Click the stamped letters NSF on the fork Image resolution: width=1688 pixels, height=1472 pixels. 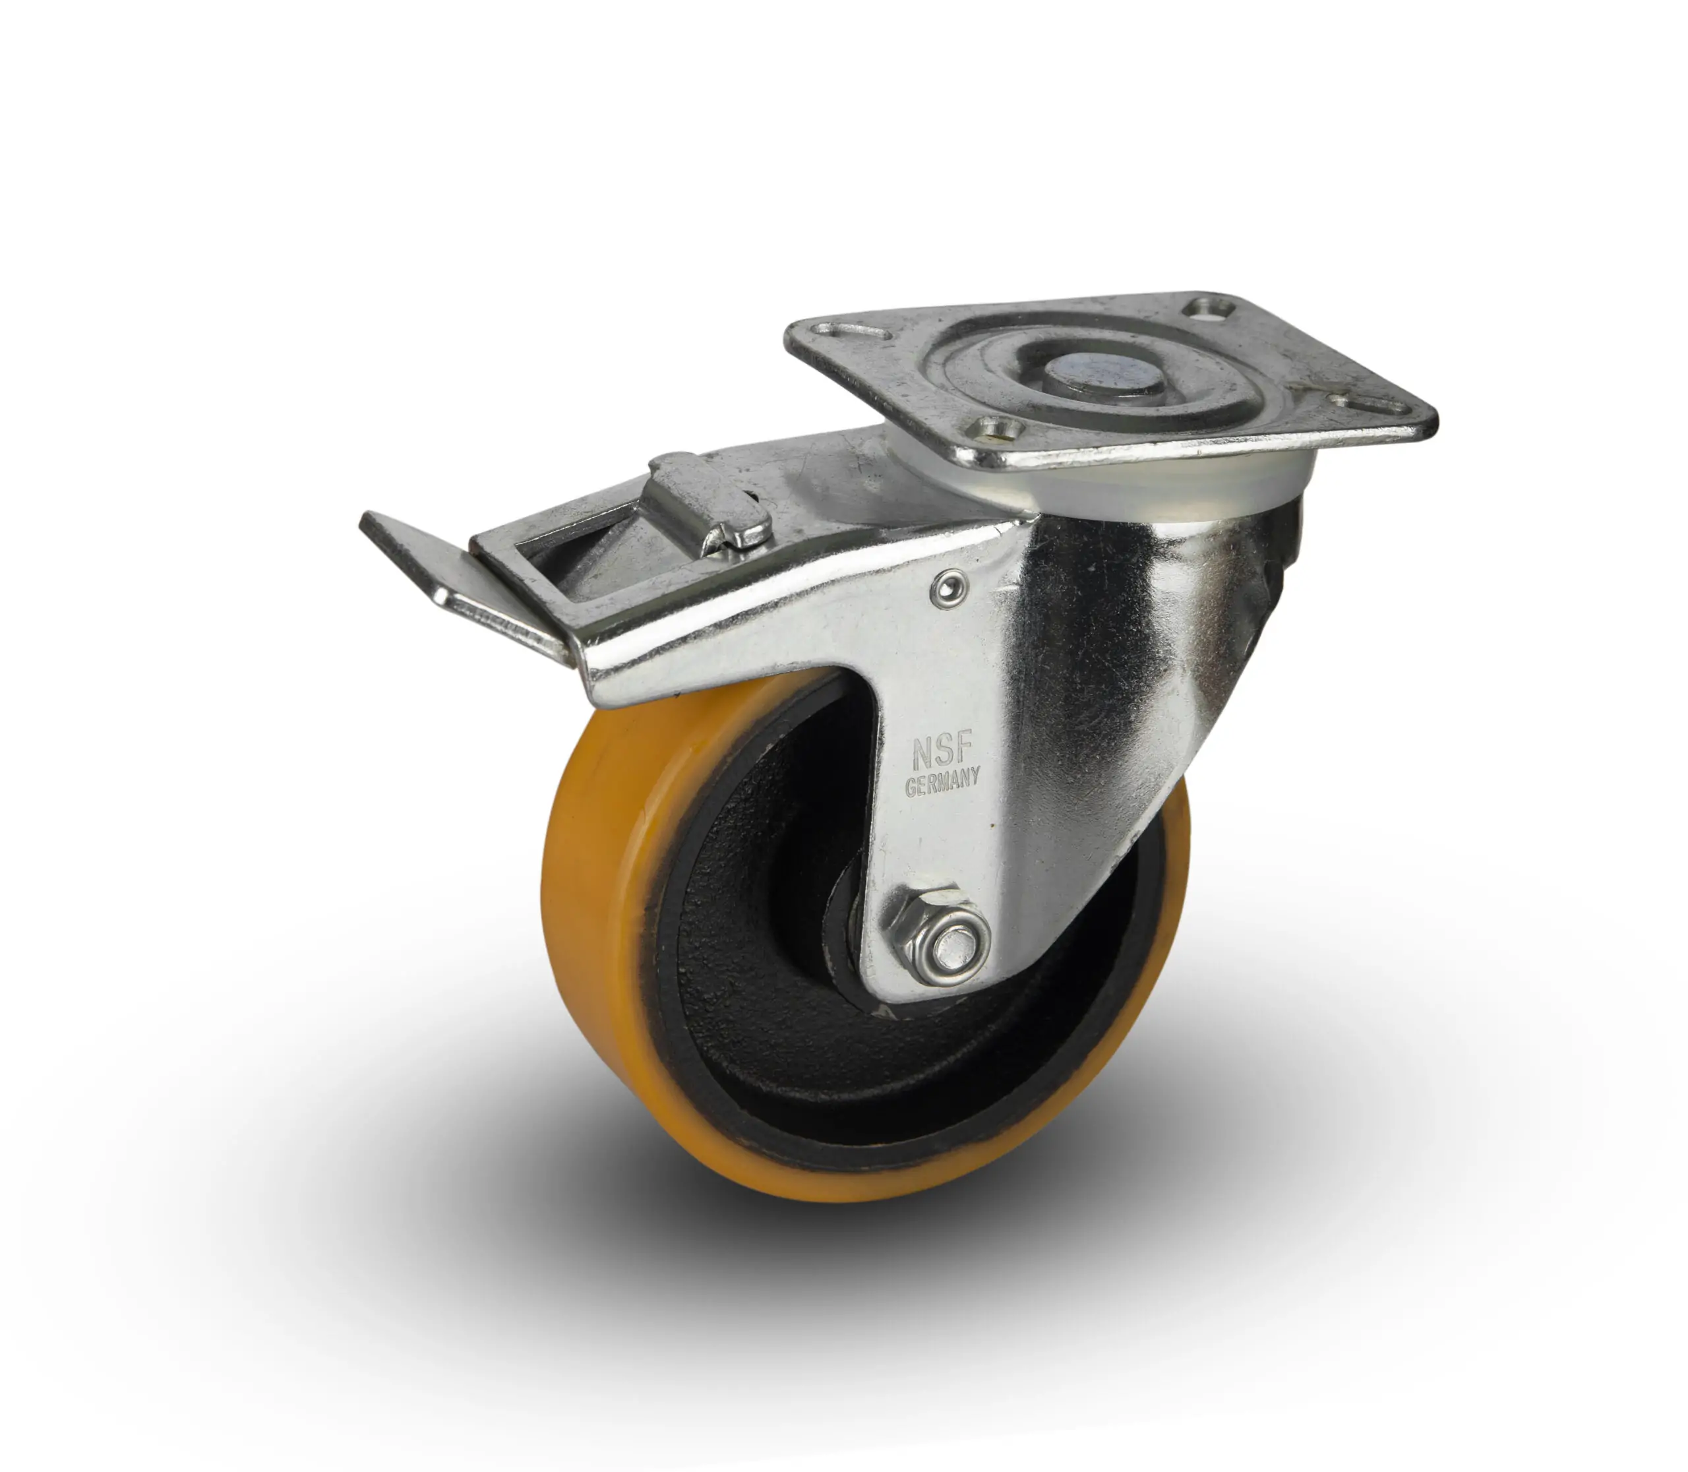[x=942, y=751]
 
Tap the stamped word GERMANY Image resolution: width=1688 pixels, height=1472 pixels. [x=942, y=782]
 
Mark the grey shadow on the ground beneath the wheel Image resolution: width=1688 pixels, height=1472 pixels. [x=903, y=1281]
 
